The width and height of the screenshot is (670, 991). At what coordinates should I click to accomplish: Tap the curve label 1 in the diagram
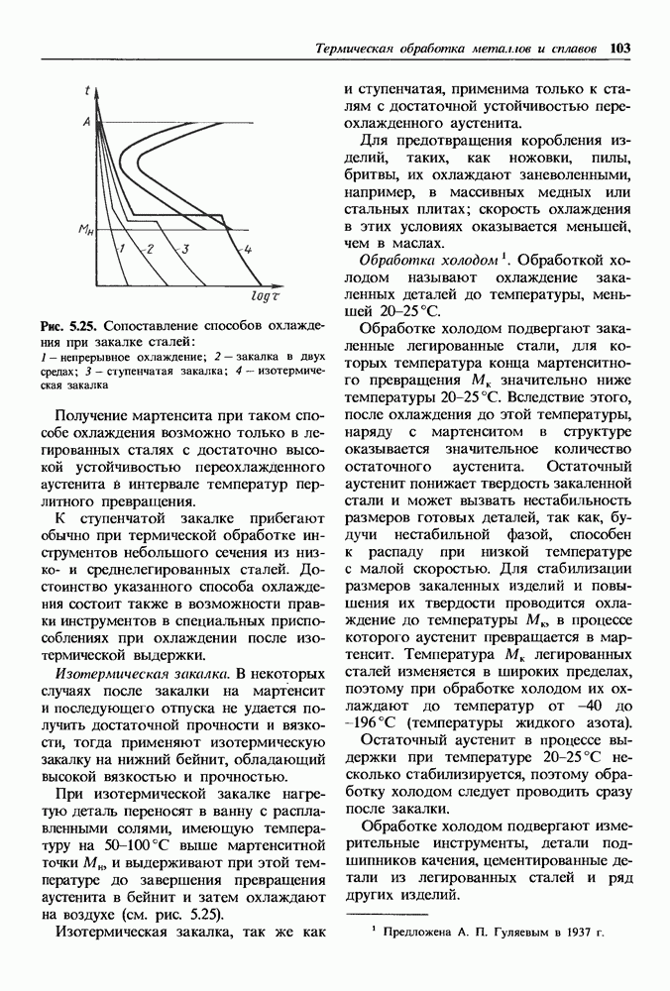(x=119, y=249)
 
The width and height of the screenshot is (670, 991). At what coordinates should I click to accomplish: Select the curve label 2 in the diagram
(x=150, y=249)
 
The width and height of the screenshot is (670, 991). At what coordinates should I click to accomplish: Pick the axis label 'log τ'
(x=267, y=295)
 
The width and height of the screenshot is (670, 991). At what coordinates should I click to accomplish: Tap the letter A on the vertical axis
(x=87, y=121)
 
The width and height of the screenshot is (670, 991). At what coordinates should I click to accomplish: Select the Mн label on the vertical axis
(x=86, y=230)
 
